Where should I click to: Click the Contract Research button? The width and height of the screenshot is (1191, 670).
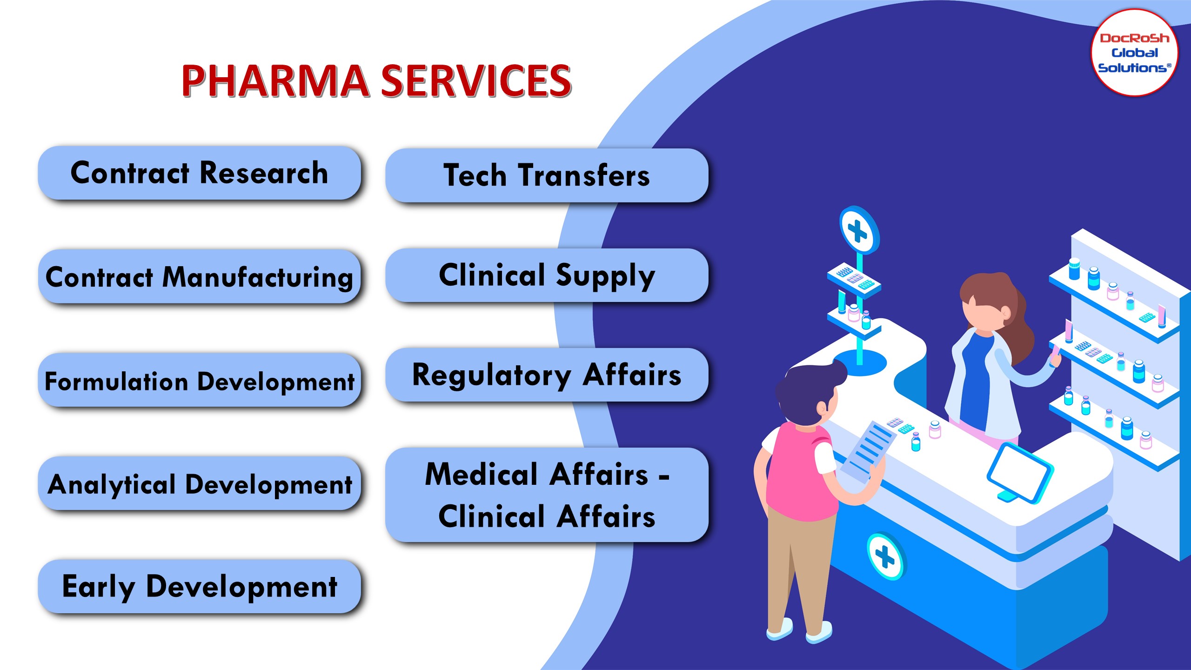[199, 173]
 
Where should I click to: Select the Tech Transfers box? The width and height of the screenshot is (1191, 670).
[547, 175]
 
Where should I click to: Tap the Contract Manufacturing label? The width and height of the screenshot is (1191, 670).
[199, 277]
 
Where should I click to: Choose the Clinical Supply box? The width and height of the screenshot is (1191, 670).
[547, 275]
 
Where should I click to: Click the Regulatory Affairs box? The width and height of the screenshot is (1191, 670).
[547, 375]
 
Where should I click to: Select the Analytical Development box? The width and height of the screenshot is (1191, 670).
[199, 484]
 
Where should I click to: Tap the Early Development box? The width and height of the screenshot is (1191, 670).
[199, 587]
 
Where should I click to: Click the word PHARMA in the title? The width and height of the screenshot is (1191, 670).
[275, 81]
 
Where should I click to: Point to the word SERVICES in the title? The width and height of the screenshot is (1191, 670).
[476, 81]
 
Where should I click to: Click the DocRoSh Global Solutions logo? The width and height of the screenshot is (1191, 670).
[1134, 53]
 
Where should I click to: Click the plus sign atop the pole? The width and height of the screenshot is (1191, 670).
[858, 230]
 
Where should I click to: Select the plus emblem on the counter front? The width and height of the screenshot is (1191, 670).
[885, 556]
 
